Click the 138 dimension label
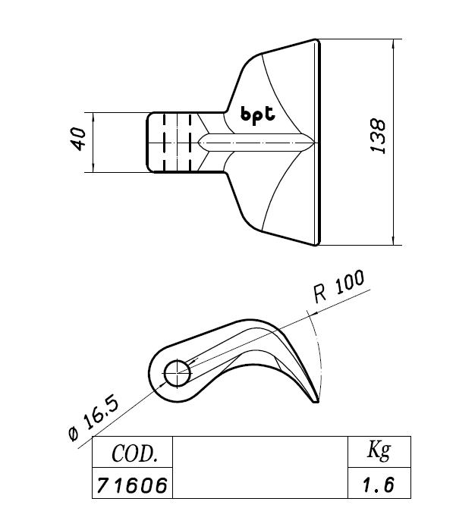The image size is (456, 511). click(x=379, y=136)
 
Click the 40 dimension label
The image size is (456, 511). click(x=79, y=139)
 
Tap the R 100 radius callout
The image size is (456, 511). click(x=339, y=286)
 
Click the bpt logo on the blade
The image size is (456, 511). click(x=258, y=115)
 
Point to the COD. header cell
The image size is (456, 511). click(x=133, y=452)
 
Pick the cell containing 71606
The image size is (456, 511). click(x=133, y=483)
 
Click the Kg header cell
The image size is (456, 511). click(x=379, y=452)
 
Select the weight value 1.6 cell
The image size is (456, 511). click(x=379, y=483)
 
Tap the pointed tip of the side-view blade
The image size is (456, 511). click(x=316, y=402)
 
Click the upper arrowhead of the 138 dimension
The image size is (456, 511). click(x=394, y=43)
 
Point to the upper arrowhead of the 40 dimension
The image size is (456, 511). click(x=93, y=117)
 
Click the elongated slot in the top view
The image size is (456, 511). click(x=256, y=143)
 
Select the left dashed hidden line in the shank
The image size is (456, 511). click(x=165, y=143)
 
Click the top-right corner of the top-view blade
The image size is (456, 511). click(x=317, y=39)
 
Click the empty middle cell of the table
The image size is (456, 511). click(x=260, y=467)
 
